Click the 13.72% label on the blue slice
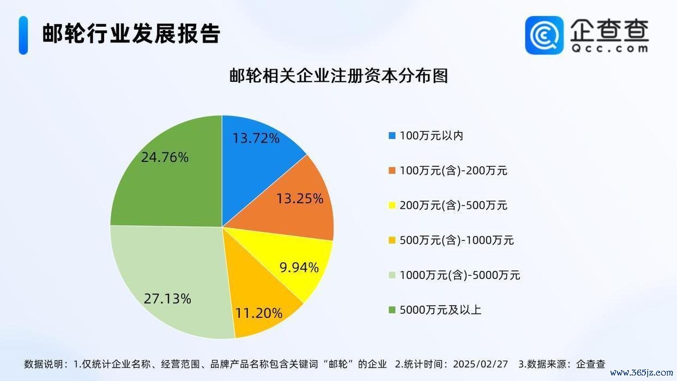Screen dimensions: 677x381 tap(256, 138)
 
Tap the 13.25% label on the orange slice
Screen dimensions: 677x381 tap(300, 198)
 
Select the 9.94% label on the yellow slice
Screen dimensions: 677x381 tap(299, 268)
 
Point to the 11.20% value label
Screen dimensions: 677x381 tap(259, 313)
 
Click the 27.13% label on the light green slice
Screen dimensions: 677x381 tap(167, 299)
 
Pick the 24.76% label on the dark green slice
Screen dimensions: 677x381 tap(165, 157)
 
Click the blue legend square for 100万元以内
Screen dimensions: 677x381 tap(392, 136)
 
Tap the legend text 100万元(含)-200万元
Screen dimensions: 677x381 tap(454, 171)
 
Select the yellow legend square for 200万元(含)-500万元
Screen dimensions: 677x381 tap(392, 205)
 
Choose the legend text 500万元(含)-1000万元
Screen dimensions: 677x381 tap(457, 240)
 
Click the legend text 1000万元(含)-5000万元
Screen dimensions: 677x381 tap(460, 275)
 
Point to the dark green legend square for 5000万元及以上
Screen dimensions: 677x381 tap(392, 310)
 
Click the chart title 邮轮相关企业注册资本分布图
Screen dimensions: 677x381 tap(338, 76)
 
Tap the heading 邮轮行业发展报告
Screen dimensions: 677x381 tap(131, 33)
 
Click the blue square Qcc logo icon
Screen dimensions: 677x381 tap(545, 35)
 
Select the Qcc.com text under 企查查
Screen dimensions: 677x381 tap(609, 49)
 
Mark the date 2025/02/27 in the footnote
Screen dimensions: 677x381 tap(481, 364)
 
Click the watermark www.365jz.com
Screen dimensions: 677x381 tap(640, 373)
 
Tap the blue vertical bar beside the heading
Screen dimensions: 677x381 tap(23, 35)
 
